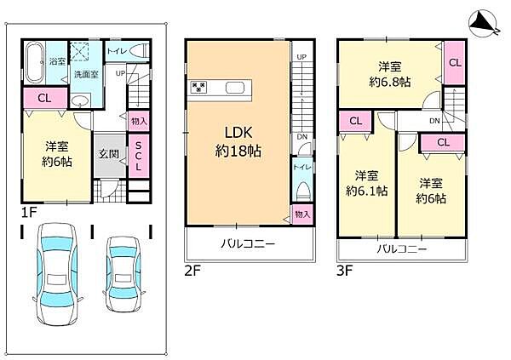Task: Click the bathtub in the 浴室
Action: (x=34, y=62)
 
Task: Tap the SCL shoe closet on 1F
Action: (x=139, y=156)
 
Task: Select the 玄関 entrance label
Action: (x=109, y=154)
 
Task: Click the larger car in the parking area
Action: (x=58, y=274)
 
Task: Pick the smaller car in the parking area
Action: (x=123, y=274)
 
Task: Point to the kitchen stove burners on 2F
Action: (x=198, y=87)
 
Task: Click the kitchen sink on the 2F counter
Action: (x=235, y=88)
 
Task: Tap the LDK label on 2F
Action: (x=238, y=133)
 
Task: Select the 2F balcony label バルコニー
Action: (x=248, y=243)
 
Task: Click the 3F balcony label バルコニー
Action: (x=402, y=249)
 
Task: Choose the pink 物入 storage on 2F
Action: (x=302, y=214)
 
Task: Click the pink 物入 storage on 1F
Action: (x=139, y=121)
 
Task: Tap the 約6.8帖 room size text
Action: (x=390, y=82)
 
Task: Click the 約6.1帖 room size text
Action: (x=366, y=191)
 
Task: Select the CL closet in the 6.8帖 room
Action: (x=455, y=62)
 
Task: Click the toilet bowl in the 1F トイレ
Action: (x=139, y=51)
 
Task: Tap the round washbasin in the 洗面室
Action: (x=79, y=100)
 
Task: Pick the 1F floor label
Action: (x=29, y=213)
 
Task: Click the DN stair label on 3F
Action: (x=434, y=121)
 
